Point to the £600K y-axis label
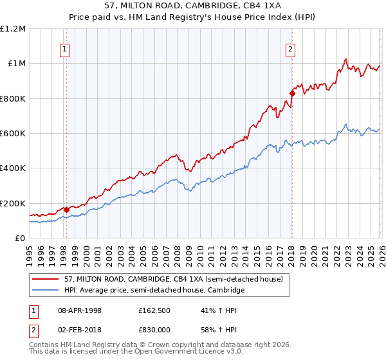[x=13, y=134]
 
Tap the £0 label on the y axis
[x=20, y=239]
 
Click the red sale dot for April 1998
[x=66, y=210]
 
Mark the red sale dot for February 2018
[x=291, y=93]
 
